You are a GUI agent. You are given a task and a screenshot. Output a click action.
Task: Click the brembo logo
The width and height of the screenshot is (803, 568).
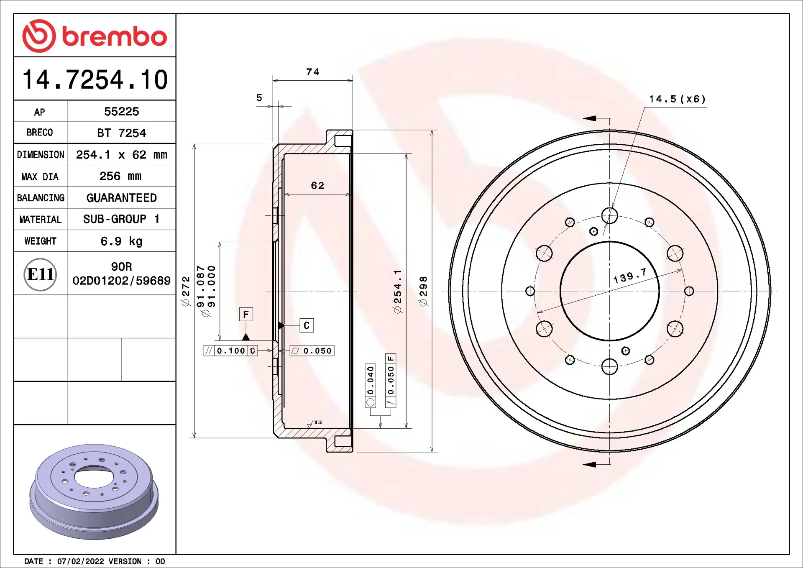[95, 36]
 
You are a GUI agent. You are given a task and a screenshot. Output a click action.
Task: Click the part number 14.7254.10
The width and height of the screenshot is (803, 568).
[95, 79]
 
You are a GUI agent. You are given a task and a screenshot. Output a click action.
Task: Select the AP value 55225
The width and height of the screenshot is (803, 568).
[121, 112]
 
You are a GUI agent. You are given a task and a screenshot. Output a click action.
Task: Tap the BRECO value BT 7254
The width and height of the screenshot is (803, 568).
[121, 133]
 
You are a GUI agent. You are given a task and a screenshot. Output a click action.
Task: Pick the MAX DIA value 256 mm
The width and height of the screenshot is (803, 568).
[120, 176]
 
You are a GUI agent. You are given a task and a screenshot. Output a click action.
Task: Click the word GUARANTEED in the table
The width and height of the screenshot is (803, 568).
[121, 198]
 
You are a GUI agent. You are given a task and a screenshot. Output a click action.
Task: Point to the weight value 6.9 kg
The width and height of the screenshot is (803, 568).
[121, 241]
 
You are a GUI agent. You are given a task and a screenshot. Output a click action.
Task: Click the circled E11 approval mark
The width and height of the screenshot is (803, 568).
[40, 274]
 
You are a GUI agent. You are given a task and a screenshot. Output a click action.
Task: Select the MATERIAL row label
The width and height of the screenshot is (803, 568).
[40, 220]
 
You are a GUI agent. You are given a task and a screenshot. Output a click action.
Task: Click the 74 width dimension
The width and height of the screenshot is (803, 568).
[313, 72]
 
